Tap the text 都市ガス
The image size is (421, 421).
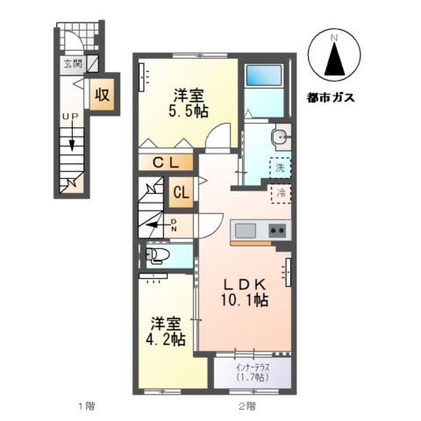[332, 96]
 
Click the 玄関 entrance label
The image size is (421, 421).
[72, 64]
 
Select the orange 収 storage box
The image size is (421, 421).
[102, 94]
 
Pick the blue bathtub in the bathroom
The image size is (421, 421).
[265, 89]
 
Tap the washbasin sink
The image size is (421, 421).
[279, 137]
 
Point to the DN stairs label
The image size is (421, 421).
[174, 225]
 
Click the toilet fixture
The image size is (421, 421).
[159, 255]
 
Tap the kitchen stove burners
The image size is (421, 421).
[276, 231]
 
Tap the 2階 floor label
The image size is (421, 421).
[246, 406]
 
